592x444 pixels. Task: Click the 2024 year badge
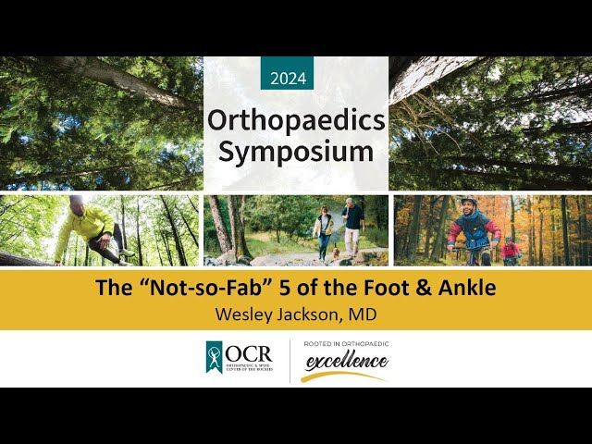288,78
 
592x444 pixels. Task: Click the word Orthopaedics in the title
296,119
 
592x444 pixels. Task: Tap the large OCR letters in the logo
251,354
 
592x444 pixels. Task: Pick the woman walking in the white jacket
324,230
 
